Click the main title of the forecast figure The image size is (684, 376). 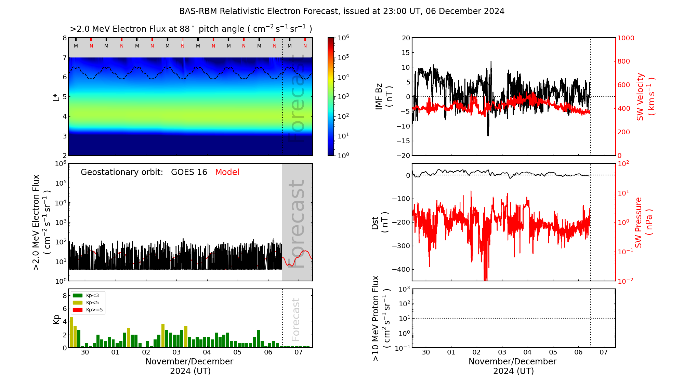(x=342, y=11)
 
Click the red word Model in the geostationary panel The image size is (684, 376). (x=227, y=172)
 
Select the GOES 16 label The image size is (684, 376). (x=189, y=172)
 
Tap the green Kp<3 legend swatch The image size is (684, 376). (x=78, y=295)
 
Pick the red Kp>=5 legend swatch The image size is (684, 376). (x=78, y=310)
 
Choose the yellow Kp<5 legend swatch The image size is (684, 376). (x=78, y=303)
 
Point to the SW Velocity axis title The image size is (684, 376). (x=645, y=97)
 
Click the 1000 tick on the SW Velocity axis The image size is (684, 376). (x=626, y=38)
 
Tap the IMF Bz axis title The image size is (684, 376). (x=383, y=96)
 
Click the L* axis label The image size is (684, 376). (x=56, y=96)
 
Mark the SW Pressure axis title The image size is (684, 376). (x=643, y=222)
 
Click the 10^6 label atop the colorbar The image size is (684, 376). (x=343, y=38)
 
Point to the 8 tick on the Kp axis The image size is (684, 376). (x=65, y=296)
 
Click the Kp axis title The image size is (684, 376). (x=56, y=319)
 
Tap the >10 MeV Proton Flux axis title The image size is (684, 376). (x=381, y=319)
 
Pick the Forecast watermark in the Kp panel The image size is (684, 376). (x=296, y=319)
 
